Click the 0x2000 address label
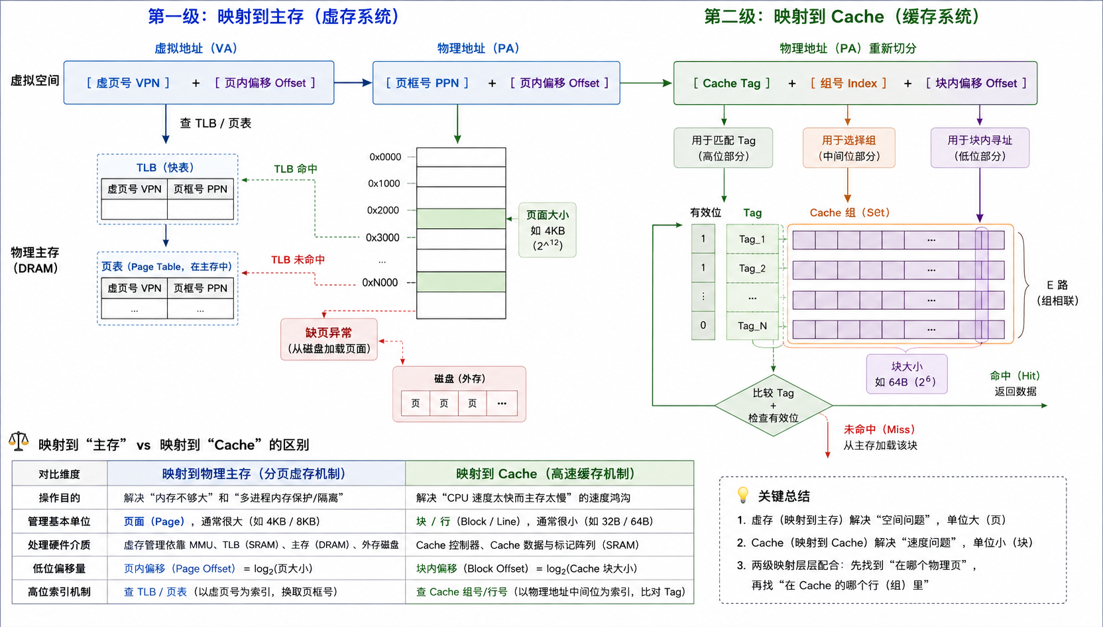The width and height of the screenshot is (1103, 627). pyautogui.click(x=383, y=210)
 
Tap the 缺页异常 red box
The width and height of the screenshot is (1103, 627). pyautogui.click(x=329, y=340)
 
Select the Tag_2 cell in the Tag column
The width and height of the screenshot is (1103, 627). pyautogui.click(x=752, y=269)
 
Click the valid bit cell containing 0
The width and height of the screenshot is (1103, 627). pyautogui.click(x=703, y=325)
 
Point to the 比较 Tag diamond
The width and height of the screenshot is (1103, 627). pyautogui.click(x=773, y=405)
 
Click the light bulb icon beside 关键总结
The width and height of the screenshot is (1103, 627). pyautogui.click(x=742, y=495)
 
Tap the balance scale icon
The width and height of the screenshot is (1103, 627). pyautogui.click(x=19, y=442)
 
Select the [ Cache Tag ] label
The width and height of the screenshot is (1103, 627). pyautogui.click(x=731, y=84)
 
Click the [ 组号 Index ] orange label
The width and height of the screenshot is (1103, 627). pyautogui.click(x=848, y=84)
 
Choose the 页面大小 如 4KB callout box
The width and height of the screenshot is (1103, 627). pyautogui.click(x=547, y=230)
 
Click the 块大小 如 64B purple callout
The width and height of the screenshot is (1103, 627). pyautogui.click(x=907, y=374)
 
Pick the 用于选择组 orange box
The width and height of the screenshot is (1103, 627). pyautogui.click(x=849, y=148)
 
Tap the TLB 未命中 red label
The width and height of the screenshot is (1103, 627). pyautogui.click(x=298, y=260)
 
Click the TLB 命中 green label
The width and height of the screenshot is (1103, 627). pyautogui.click(x=296, y=169)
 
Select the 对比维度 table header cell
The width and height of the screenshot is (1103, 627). pyautogui.click(x=60, y=474)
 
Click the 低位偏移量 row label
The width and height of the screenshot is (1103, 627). pyautogui.click(x=60, y=569)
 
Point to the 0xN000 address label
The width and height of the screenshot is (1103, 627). pyautogui.click(x=380, y=283)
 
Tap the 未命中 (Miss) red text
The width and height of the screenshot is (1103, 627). pyautogui.click(x=880, y=429)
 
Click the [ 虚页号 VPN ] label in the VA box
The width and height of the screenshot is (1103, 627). pyautogui.click(x=128, y=83)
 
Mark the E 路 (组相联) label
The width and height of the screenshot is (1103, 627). pyautogui.click(x=1057, y=293)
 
